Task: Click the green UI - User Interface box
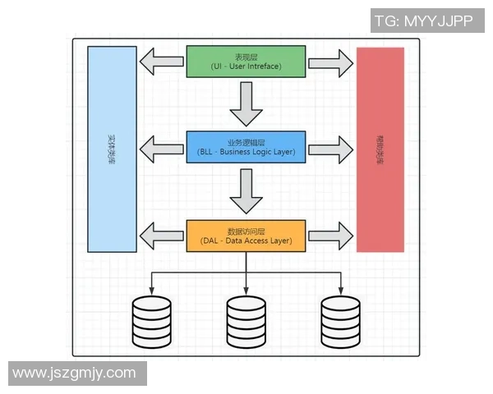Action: (x=246, y=62)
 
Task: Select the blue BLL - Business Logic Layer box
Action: (x=246, y=147)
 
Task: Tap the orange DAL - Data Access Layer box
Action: (x=246, y=236)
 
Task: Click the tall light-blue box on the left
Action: (x=112, y=149)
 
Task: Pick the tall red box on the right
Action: (x=380, y=149)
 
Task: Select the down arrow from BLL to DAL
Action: (x=246, y=191)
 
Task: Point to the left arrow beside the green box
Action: (x=161, y=62)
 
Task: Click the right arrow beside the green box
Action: (x=330, y=62)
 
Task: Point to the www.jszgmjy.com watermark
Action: (x=75, y=373)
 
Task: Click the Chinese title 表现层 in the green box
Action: (x=246, y=57)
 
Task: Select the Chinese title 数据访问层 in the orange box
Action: (x=246, y=231)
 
